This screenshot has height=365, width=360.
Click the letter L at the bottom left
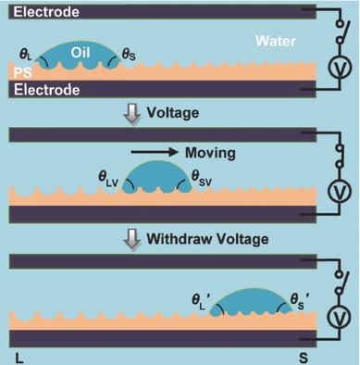click(19, 355)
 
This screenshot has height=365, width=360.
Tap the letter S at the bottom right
click(303, 355)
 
